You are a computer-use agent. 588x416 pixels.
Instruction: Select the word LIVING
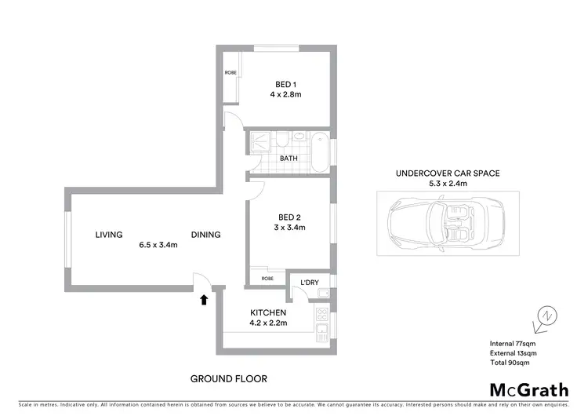tap(110, 235)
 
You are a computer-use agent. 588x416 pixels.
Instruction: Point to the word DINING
tap(206, 235)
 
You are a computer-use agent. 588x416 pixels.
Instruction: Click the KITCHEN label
tap(267, 312)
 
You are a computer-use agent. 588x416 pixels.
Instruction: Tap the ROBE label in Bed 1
tap(230, 73)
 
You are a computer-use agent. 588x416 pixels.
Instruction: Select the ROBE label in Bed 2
tap(267, 278)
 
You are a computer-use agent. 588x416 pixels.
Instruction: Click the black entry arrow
tap(205, 299)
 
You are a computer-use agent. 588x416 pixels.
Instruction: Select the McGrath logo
tap(524, 389)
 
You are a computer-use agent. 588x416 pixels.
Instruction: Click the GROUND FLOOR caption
tap(229, 378)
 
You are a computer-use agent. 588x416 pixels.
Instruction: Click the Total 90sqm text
tap(510, 363)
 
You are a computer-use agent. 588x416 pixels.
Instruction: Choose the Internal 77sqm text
tap(513, 343)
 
